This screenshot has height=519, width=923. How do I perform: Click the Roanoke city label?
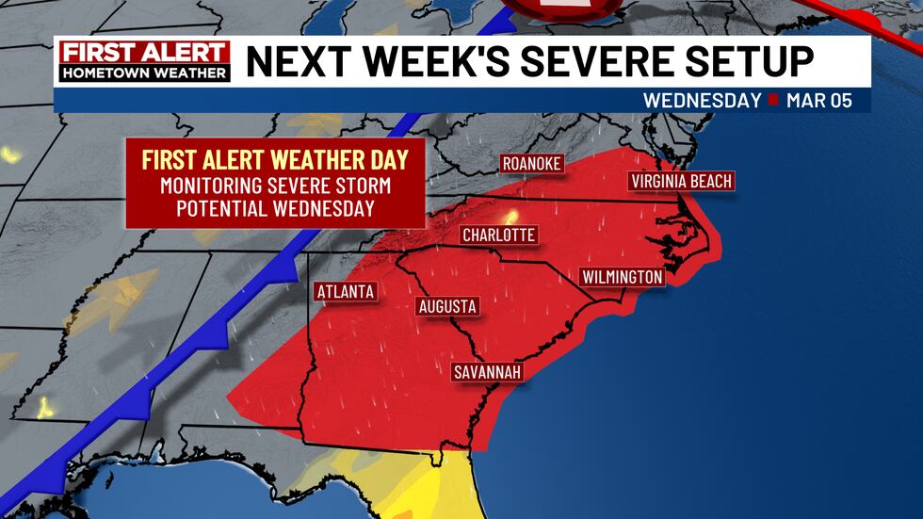coord(532,164)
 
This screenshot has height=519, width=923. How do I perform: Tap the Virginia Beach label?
coord(682,181)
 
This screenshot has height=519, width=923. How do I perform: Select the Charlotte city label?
coord(498,235)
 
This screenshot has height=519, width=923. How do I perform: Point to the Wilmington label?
coord(623,277)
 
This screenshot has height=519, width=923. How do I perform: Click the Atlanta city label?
coord(346,291)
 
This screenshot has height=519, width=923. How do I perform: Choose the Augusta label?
coord(447,306)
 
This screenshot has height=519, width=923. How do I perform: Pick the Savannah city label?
coord(487,372)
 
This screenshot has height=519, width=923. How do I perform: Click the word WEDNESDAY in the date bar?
coord(702,101)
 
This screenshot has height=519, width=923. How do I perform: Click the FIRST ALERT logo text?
coord(145,53)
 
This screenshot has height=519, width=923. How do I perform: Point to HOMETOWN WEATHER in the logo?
coord(145,73)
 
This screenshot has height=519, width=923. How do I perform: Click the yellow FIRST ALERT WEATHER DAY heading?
coord(274,159)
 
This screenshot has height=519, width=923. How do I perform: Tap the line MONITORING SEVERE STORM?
coord(274,185)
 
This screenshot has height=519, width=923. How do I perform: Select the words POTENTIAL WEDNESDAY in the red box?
coord(274,208)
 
